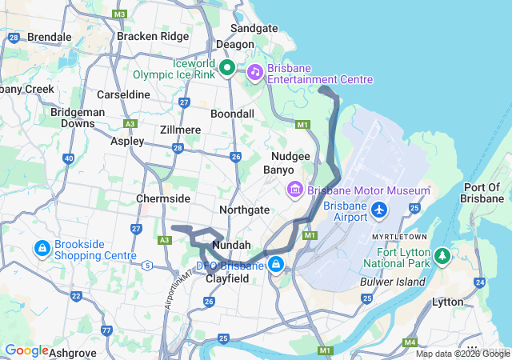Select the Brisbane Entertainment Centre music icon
[254, 71]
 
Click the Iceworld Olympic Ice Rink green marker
[226, 68]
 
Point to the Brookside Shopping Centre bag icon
[41, 249]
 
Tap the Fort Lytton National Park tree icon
[442, 256]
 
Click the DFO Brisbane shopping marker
[275, 263]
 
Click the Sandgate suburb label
[254, 28]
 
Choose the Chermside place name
[163, 198]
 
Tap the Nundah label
[231, 244]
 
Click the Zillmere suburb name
[180, 130]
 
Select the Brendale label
[50, 37]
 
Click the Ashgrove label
[73, 352]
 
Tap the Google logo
[26, 350]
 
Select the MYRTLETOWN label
[398, 237]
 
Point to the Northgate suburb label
[244, 209]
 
